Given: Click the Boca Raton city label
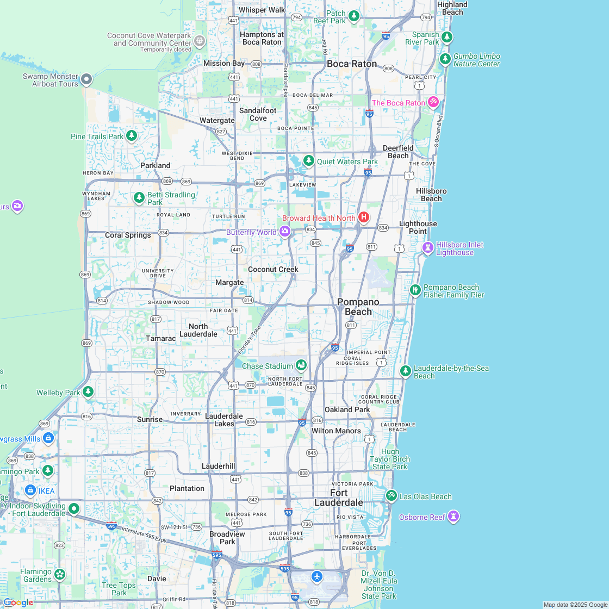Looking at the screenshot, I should [x=352, y=64].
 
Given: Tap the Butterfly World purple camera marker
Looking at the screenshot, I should [x=284, y=232].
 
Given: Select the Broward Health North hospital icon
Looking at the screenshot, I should [x=363, y=217].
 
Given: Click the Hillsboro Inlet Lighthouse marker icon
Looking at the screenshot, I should [x=428, y=248].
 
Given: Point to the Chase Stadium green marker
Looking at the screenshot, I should [x=301, y=365].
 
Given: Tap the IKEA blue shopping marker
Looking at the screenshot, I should [x=30, y=490].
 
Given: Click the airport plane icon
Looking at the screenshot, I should [x=317, y=576].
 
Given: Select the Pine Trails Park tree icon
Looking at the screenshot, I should [x=131, y=136].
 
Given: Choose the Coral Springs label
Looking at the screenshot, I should [x=128, y=235].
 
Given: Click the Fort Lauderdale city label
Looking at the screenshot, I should [x=339, y=498].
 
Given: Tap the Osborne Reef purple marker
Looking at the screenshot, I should [x=453, y=517].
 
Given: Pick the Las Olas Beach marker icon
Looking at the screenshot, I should [x=391, y=496].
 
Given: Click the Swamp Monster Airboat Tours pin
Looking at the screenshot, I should [x=86, y=80].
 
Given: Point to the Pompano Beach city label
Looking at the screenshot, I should [x=358, y=307].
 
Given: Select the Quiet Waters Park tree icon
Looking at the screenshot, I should [x=309, y=161].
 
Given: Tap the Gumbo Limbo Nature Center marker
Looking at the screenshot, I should [x=445, y=59].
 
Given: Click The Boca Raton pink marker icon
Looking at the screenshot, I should [x=433, y=102].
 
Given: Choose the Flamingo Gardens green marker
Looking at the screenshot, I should [x=60, y=574].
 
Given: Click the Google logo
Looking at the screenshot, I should [x=18, y=602].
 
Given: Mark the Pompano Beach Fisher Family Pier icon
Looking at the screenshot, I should [x=415, y=290].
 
